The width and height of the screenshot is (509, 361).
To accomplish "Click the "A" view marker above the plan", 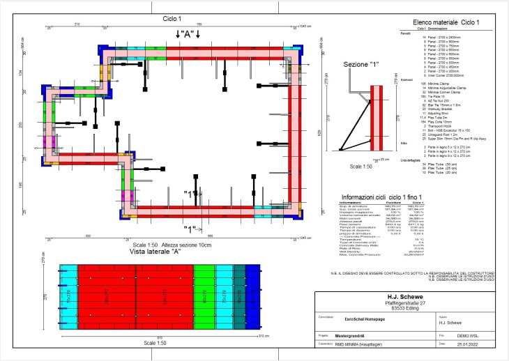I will (x=188, y=33).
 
